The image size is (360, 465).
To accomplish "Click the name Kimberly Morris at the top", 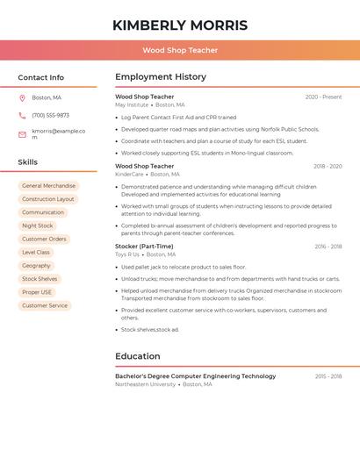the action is (180, 25).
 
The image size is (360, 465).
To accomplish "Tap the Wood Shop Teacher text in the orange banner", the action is (180, 50).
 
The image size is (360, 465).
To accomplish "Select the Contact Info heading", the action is (40, 77).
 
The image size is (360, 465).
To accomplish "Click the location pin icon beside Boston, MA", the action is (22, 97).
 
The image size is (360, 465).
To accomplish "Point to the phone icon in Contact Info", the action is (22, 115).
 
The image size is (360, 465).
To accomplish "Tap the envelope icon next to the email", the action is (22, 134).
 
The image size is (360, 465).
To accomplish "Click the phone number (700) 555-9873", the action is (50, 115).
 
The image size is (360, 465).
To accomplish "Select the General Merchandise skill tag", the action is (48, 186).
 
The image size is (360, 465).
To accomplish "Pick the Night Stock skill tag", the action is (38, 225).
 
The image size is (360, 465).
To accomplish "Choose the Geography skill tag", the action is (36, 265).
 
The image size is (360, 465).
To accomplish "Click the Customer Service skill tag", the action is (45, 305).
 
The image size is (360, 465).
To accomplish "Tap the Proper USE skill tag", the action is (37, 292).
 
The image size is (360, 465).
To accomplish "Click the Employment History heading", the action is (161, 77).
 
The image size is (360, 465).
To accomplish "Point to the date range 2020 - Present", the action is (323, 97).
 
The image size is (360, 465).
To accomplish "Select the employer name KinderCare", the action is (129, 174).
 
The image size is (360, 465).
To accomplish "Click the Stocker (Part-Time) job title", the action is (144, 247).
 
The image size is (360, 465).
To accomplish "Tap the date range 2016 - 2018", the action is (328, 247).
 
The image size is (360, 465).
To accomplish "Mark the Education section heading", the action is (138, 356).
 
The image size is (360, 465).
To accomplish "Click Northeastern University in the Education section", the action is (145, 384).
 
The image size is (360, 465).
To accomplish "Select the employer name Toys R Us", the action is (127, 254).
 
